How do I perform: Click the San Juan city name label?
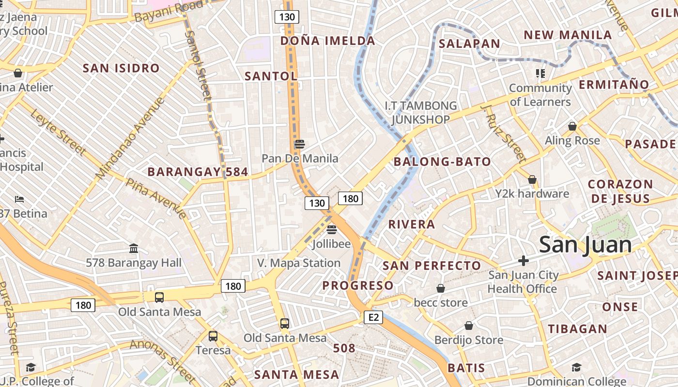point(585,245)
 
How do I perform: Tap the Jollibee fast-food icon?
point(332,230)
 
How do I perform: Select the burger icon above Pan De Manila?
point(300,144)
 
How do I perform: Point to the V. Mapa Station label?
point(299,263)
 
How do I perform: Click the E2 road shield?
point(373,317)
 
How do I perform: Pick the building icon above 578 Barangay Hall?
point(134,249)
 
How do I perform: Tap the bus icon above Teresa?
point(213,336)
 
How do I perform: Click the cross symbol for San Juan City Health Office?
point(523,261)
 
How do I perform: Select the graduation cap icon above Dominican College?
point(576,368)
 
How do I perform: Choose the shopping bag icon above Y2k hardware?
point(532,180)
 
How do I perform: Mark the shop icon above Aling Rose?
point(572,127)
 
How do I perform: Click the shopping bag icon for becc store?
point(441,289)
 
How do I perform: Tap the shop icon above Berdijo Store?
point(469,326)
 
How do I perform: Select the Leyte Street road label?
point(58,132)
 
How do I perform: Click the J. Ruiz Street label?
point(504,133)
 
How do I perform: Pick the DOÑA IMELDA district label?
point(328,41)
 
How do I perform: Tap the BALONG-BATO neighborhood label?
point(442,162)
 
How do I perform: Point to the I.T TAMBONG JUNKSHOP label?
point(420,112)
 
